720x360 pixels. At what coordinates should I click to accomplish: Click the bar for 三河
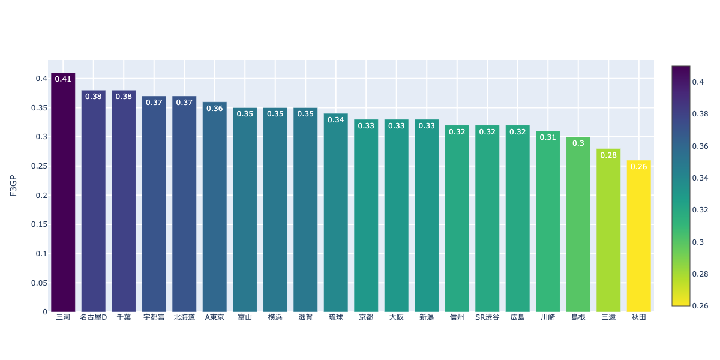coord(63,192)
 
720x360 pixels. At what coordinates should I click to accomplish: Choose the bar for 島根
coord(578,224)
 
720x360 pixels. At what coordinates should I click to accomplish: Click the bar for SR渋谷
coord(487,218)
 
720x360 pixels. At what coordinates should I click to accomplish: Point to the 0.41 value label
coord(63,79)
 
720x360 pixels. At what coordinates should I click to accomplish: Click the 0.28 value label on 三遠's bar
coord(608,155)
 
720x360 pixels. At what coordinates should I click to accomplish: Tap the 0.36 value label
coord(215,108)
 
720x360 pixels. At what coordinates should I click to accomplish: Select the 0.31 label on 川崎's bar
coord(548,137)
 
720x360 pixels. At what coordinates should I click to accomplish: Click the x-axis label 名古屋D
coord(94,317)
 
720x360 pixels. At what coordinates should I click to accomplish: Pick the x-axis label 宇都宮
coord(154,317)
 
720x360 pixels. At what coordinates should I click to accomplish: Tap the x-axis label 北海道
coord(184,317)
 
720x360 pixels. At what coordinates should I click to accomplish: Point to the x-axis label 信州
coord(457,317)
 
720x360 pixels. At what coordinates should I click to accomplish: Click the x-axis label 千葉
coord(124,317)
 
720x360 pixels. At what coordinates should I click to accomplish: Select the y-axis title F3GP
coord(13,186)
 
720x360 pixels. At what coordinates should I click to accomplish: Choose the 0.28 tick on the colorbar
coord(700,274)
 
